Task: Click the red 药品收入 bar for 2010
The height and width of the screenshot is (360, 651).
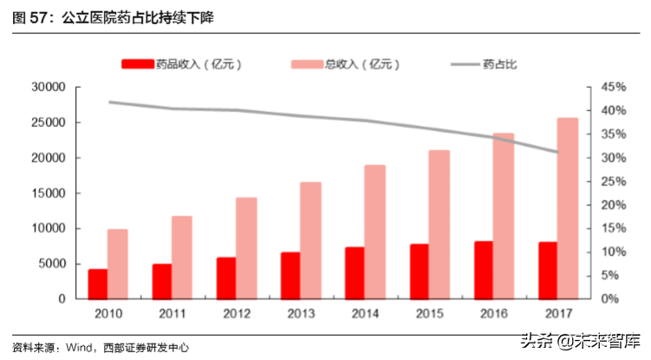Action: click(x=98, y=284)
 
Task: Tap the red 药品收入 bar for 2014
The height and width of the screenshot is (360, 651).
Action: click(x=354, y=272)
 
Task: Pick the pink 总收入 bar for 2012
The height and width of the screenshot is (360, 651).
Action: click(x=247, y=248)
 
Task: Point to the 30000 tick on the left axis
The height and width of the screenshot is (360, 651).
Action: click(x=48, y=88)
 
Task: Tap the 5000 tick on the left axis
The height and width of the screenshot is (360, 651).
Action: click(x=51, y=264)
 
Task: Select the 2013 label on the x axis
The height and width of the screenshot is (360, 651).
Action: click(x=301, y=313)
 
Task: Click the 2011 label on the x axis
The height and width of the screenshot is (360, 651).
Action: click(x=173, y=313)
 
